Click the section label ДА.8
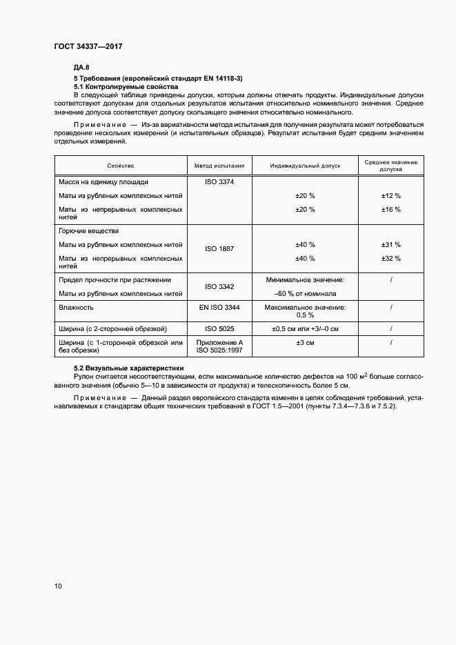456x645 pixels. point(81,68)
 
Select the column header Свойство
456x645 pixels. point(121,166)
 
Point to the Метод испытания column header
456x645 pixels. point(219,166)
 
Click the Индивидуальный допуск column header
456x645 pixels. point(305,166)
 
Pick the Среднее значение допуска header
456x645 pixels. point(390,165)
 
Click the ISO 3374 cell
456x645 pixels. point(219,182)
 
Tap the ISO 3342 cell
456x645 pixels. point(219,286)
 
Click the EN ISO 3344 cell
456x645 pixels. point(219,307)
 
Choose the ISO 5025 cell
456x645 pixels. point(219,328)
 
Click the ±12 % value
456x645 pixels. point(390,196)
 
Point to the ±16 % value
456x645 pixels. point(390,209)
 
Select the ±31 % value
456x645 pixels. point(390,245)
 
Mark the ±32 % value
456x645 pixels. point(390,258)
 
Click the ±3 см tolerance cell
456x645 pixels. point(305,343)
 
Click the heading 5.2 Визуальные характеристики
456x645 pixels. point(129,368)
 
